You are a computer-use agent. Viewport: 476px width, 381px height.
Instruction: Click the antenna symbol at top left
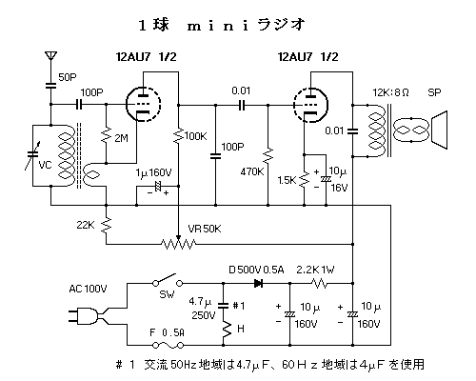pyautogui.click(x=50, y=56)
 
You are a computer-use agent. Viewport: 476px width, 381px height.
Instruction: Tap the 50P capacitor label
pyautogui.click(x=68, y=77)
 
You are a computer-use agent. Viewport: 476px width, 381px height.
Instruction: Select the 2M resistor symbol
pyautogui.click(x=107, y=136)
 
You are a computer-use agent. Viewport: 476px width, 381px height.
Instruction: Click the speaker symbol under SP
pyautogui.click(x=439, y=130)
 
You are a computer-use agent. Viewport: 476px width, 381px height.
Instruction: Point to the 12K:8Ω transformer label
pyautogui.click(x=390, y=92)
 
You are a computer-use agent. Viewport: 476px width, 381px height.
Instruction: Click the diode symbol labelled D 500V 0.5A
pyautogui.click(x=259, y=283)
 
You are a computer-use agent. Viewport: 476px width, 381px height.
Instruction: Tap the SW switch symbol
pyautogui.click(x=168, y=280)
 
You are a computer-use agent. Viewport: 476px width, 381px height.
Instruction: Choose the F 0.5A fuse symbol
pyautogui.click(x=168, y=345)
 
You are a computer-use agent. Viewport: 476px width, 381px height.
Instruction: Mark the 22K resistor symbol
pyautogui.click(x=107, y=225)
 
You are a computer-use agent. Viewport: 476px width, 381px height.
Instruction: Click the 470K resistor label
pyautogui.click(x=252, y=171)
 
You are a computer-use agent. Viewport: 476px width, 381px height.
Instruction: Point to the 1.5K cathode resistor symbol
pyautogui.click(x=305, y=179)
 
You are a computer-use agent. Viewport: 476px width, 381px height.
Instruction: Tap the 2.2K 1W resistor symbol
pyautogui.click(x=321, y=283)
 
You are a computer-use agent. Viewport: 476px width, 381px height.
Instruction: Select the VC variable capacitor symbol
pyautogui.click(x=32, y=155)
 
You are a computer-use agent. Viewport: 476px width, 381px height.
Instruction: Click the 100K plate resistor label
pyautogui.click(x=195, y=136)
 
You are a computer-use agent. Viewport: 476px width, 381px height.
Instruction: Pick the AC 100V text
pyautogui.click(x=88, y=289)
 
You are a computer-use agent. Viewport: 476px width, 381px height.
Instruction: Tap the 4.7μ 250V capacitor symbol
pyautogui.click(x=223, y=306)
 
